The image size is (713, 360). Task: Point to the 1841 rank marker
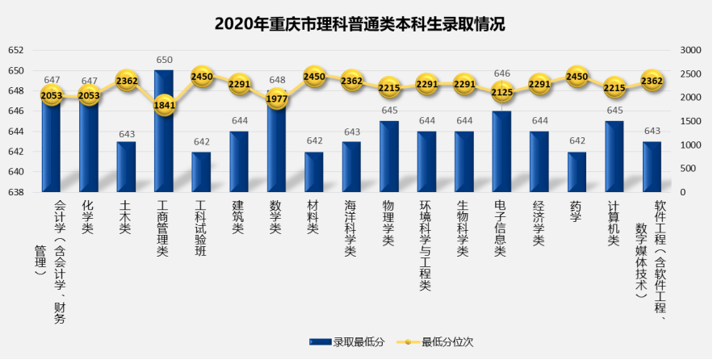tap(163, 105)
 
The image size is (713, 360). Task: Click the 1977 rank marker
tap(276, 98)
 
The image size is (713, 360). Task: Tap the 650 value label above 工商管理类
tap(164, 60)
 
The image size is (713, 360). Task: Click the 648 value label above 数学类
tap(276, 80)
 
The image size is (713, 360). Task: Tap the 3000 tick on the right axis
tap(693, 51)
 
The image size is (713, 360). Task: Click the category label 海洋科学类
tap(351, 229)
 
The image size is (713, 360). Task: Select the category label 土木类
tap(126, 218)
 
